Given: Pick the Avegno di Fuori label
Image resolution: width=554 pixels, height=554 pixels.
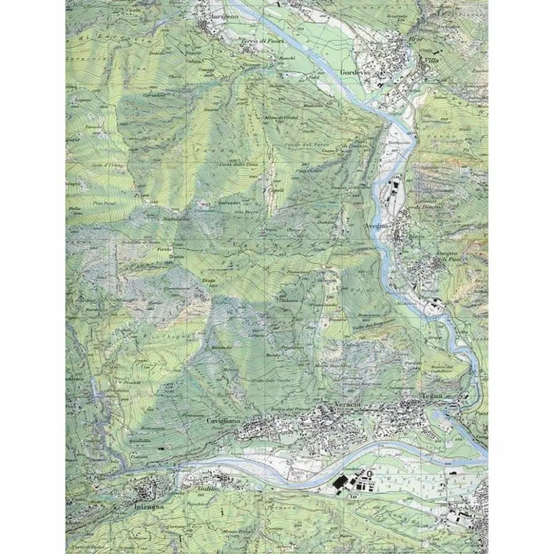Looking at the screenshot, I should tap(450, 256).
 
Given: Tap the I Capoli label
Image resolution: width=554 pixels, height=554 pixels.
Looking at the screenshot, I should tap(274, 190).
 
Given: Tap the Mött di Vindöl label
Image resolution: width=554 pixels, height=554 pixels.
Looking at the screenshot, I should tap(282, 118).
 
